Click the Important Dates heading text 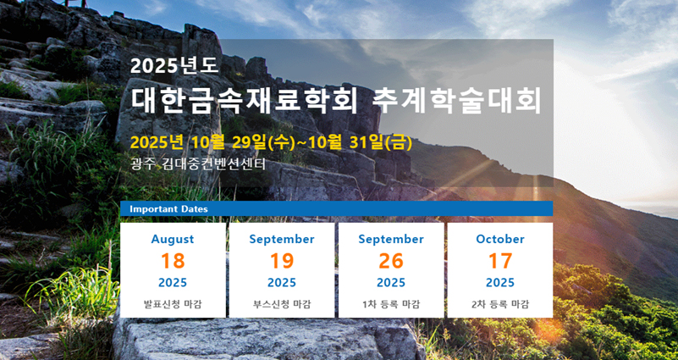click(168, 209)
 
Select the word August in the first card click(173, 239)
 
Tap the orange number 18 click(173, 261)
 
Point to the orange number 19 click(282, 261)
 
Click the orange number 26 click(391, 261)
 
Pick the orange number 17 click(500, 261)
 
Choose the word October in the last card click(500, 239)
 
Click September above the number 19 click(282, 239)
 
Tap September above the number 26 click(391, 239)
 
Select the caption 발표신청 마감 click(173, 304)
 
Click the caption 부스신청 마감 click(282, 304)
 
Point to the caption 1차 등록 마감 click(391, 304)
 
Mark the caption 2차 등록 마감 click(500, 304)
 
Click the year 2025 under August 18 click(173, 283)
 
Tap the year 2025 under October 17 click(500, 283)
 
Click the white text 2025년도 click(174, 66)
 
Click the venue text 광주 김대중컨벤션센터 click(197, 164)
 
